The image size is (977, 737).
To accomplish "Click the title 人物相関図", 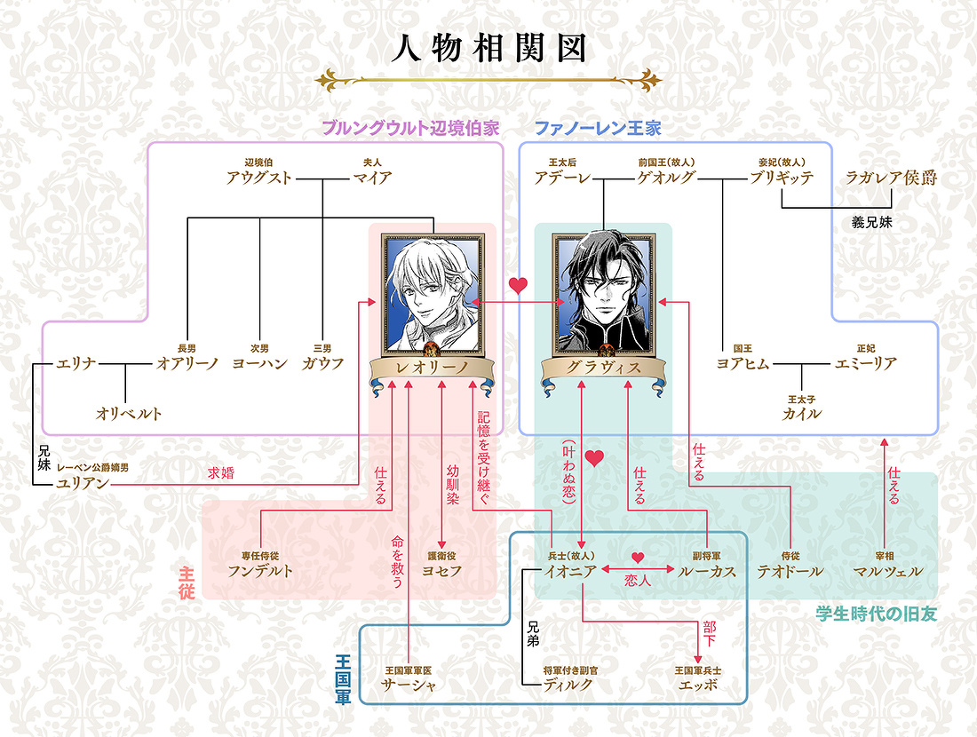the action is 489,49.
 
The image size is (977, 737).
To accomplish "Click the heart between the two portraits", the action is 519,286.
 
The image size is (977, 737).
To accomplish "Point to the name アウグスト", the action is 258,178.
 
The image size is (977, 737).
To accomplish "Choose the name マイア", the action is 373,178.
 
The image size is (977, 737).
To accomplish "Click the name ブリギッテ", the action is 782,178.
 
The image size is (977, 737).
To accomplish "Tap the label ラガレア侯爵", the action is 891,178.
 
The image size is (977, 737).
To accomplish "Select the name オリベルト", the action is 129,413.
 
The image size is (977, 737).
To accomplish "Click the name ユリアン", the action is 83,483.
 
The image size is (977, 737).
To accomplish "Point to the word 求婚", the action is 220,473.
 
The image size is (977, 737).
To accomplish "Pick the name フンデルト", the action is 260,571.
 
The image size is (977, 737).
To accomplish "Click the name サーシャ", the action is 409,685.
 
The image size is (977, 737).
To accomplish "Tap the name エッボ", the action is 698,685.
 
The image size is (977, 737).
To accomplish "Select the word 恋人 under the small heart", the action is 638,581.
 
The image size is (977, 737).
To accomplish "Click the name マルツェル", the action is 887,571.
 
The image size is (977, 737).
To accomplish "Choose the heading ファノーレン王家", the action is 598,129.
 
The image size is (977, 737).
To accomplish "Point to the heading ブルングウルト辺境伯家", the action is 410,129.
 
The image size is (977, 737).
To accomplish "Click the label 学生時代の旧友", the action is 876,614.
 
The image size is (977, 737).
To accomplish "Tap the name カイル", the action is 801,413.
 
